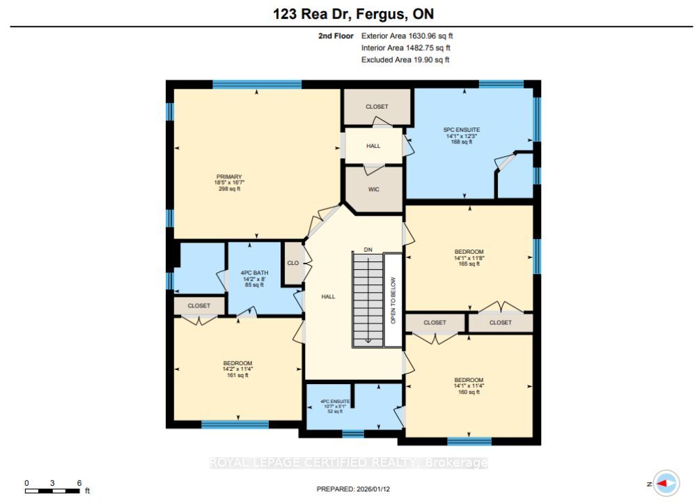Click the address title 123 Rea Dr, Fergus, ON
pos(353,14)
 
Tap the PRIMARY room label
pos(229,176)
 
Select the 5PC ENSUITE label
pos(462,130)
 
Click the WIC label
pos(374,190)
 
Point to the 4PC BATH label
pos(254,273)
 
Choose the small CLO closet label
pos(293,263)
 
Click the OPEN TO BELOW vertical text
pos(393,300)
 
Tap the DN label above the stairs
pos(368,250)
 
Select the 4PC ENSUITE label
pos(335,402)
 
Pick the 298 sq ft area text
pos(229,189)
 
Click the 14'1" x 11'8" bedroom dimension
pos(469,258)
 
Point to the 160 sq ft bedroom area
pos(469,392)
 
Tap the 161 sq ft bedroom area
pos(238,375)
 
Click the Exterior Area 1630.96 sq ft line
pos(407,36)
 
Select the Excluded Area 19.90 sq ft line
pos(405,60)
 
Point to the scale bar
pos(52,491)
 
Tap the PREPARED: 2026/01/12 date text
pos(353,489)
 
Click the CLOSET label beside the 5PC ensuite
pos(377,107)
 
